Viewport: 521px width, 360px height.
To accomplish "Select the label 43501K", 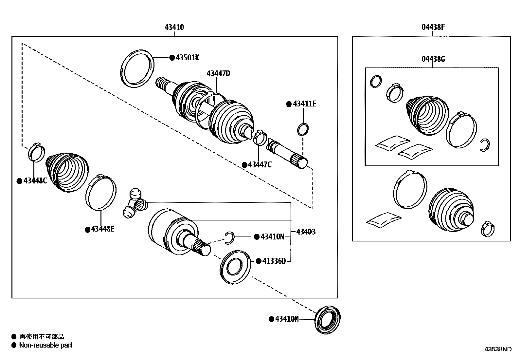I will coord(187,58).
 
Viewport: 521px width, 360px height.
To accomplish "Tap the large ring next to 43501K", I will coord(137,68).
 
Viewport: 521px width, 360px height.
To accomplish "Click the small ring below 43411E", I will coord(303,129).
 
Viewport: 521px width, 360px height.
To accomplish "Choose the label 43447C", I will coord(260,165).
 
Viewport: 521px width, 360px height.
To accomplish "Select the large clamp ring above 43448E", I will coord(101,193).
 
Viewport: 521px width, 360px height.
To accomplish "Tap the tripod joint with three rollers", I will coord(135,203).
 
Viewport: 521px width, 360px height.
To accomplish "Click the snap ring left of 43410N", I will coord(229,237).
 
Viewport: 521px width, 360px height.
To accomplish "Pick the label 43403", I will coord(306,232).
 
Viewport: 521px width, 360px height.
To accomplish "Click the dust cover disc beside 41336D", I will coord(235,266).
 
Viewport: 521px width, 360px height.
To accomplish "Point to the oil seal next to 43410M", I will coord(328,320).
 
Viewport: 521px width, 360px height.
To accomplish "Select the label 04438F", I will coord(433,28).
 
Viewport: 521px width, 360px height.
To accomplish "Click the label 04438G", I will coord(433,59).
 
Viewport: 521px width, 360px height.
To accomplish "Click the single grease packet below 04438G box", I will coord(383,220).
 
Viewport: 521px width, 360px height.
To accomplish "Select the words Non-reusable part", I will coord(45,345).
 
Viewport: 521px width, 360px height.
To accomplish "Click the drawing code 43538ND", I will coord(498,349).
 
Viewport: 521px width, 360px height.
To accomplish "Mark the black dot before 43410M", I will coord(271,319).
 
